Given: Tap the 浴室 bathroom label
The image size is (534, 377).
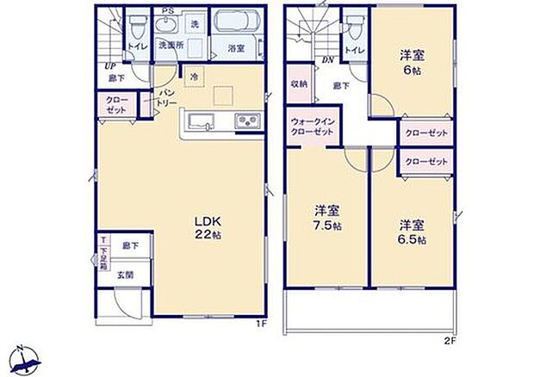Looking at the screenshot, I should [x=235, y=48].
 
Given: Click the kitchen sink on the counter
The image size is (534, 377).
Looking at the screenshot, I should [x=200, y=121].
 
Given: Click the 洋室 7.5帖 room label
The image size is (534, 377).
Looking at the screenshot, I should [x=326, y=217].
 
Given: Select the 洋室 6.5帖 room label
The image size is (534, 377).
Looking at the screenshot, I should [x=411, y=231].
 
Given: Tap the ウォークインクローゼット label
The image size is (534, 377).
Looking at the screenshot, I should [x=314, y=128].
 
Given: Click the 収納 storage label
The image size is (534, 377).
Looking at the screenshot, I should [x=299, y=84].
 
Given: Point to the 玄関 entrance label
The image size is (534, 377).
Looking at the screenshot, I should [x=127, y=275].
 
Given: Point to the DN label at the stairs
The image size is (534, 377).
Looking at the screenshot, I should [x=328, y=60].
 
